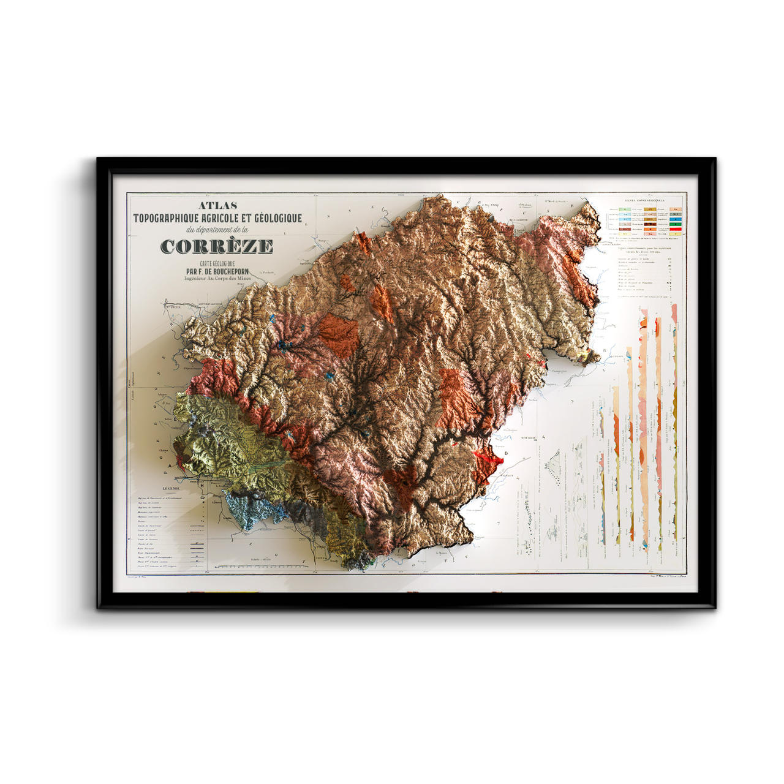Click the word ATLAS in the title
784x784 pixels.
pos(218,206)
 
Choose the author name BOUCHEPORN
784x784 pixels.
pos(230,271)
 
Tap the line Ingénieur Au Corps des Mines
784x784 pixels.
pos(217,278)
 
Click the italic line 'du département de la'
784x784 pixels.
pos(217,230)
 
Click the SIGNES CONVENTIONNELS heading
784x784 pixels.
pos(644,200)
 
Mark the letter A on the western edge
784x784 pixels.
pos(170,464)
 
